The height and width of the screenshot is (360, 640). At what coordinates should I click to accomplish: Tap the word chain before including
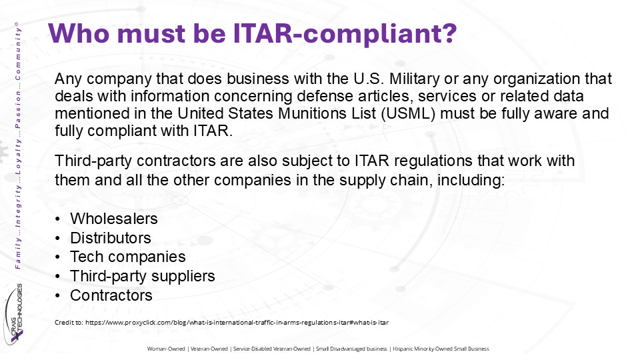coord(411,180)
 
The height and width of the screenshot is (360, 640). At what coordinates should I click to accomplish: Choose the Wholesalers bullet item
coord(114,219)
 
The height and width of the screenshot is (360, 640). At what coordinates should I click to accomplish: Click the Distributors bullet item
coord(111,238)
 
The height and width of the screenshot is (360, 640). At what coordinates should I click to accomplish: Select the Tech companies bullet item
coord(128,257)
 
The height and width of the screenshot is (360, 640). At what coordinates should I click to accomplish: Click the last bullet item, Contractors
coord(111,295)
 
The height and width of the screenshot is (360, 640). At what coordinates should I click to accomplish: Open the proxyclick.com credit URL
coord(237,323)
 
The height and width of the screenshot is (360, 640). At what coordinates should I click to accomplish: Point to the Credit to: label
coord(69,323)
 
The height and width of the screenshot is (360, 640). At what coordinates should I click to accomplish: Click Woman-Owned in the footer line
coord(166,349)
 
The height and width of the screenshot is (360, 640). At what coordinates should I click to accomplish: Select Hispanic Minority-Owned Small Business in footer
coord(441,349)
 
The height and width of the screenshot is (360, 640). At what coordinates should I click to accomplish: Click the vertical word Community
coord(17,53)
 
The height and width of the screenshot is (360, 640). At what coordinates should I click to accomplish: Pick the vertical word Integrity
coord(17,205)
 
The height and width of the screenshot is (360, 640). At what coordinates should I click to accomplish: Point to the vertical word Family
coord(17,254)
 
